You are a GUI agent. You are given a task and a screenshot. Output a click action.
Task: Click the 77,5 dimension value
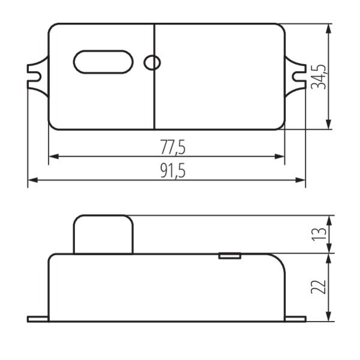click(x=173, y=147)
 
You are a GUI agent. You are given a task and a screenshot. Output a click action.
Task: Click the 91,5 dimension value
click(x=173, y=170)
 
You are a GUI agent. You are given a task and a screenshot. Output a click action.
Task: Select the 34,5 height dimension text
click(x=319, y=77)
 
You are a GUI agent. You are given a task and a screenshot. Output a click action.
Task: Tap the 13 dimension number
click(x=319, y=234)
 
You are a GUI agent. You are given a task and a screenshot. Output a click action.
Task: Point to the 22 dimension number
click(x=319, y=287)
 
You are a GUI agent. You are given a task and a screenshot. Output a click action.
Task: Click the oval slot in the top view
click(x=103, y=62)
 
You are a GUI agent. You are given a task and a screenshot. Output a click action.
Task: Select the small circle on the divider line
click(x=152, y=62)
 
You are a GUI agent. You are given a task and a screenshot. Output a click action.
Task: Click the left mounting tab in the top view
click(x=38, y=76)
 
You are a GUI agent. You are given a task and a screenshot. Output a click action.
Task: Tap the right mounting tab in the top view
click(x=295, y=76)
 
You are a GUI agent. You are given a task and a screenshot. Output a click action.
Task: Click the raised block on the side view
click(x=103, y=234)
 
